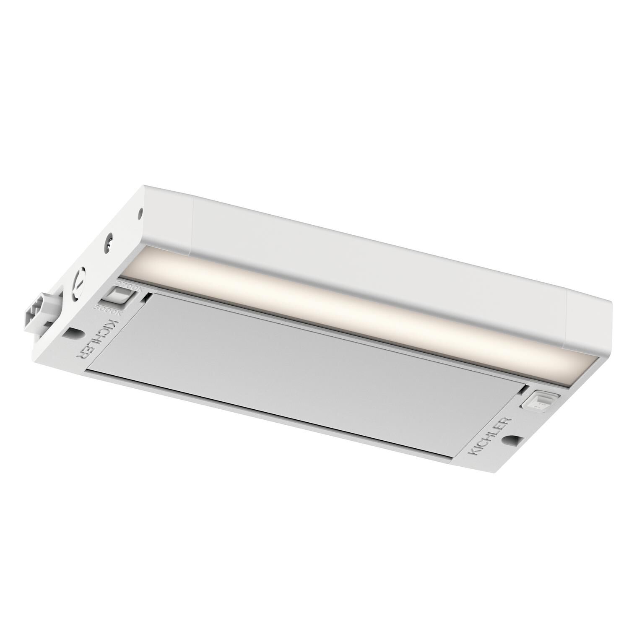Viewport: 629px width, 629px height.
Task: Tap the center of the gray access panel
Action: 302,369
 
